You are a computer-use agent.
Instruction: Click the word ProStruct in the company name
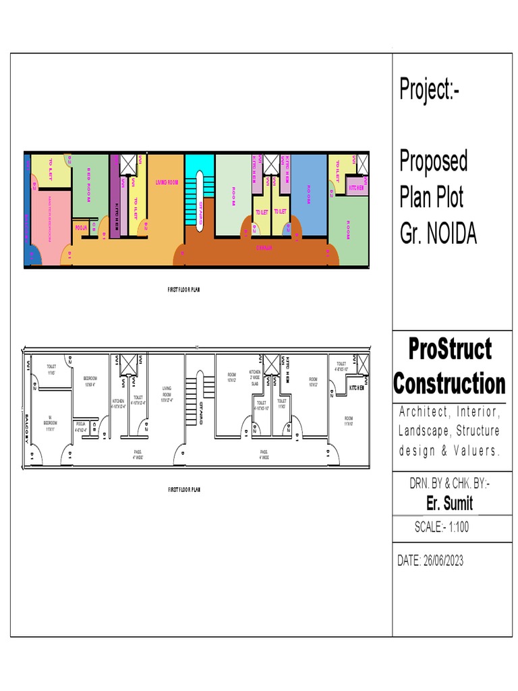(x=450, y=350)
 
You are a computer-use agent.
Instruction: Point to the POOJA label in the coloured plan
(x=81, y=227)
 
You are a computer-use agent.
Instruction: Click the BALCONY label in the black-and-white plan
(x=28, y=426)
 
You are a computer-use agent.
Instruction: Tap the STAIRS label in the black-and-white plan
(x=201, y=412)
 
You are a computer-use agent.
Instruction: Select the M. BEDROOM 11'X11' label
(x=49, y=425)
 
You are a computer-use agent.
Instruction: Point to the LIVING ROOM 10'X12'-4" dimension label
(x=167, y=394)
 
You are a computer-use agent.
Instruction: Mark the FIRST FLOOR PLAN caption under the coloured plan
(x=183, y=289)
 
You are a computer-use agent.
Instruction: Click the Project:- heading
(x=430, y=90)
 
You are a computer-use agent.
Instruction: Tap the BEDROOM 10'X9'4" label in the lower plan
(x=90, y=381)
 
